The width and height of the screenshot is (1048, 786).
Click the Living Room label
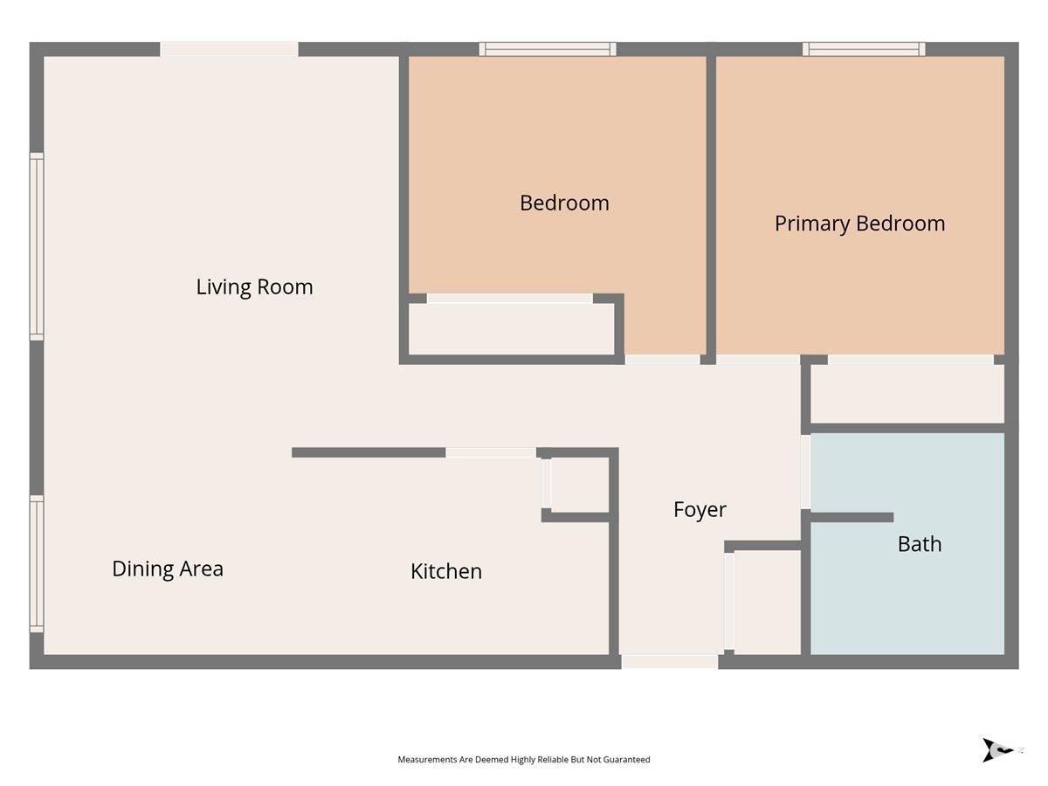[254, 287]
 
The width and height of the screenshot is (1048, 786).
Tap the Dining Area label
[168, 569]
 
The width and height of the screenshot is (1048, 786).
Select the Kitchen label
[446, 572]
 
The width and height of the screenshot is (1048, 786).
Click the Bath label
[920, 544]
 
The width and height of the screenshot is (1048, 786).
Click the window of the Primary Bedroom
[864, 49]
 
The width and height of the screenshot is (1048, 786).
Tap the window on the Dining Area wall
[37, 563]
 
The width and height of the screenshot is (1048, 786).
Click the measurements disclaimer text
[524, 759]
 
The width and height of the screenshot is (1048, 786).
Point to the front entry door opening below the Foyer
[669, 662]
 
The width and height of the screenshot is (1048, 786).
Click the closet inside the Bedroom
[512, 329]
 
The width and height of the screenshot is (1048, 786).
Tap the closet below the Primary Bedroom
[907, 394]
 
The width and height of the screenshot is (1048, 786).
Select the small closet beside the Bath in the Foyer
[768, 603]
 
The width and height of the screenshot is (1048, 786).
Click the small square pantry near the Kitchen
[580, 485]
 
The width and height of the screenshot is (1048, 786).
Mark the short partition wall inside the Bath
[851, 517]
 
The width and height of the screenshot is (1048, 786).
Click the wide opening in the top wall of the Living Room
[229, 49]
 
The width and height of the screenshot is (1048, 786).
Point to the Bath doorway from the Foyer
[805, 472]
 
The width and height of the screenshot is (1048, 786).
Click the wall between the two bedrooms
[711, 205]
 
